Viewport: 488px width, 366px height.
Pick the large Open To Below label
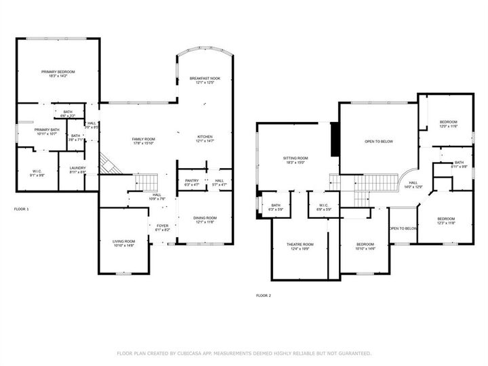[x=379, y=142]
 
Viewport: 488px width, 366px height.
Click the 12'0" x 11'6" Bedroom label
[x=449, y=124]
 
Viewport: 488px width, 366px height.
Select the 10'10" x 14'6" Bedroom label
[x=365, y=246]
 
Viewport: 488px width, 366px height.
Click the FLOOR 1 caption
[x=22, y=209]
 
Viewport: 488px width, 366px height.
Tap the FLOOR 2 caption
[x=263, y=296]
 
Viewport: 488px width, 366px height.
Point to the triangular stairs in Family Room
[x=106, y=163]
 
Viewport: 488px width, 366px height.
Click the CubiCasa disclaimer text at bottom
[x=244, y=353]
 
